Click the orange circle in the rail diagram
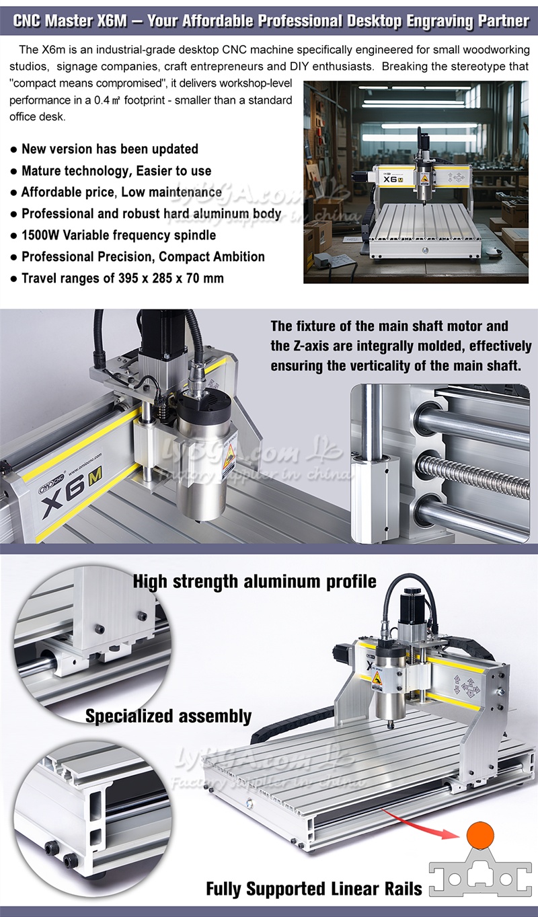[x=480, y=835]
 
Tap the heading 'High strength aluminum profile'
[x=254, y=581]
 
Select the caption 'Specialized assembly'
[x=168, y=717]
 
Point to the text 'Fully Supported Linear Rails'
[x=314, y=889]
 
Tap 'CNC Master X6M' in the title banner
[x=69, y=20]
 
